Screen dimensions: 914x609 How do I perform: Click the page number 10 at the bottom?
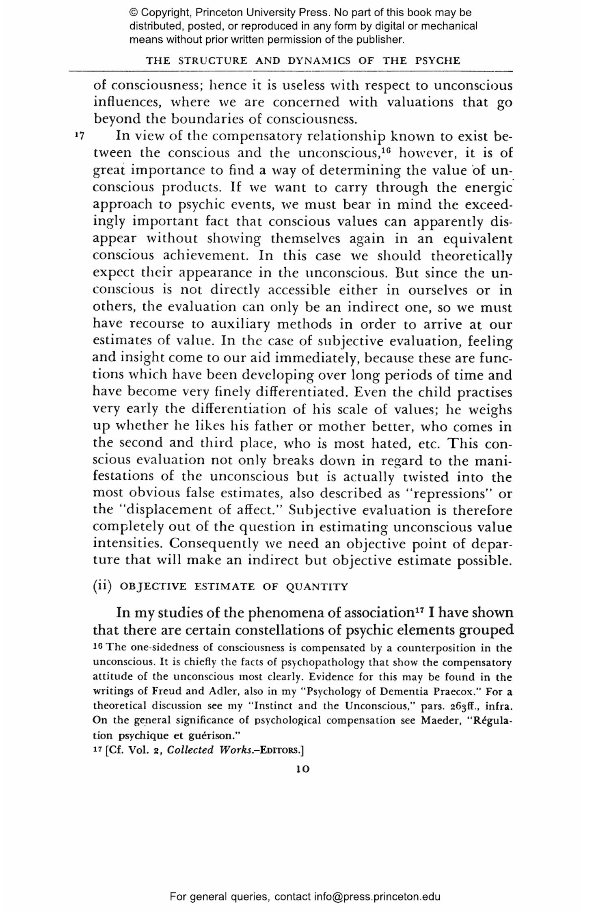[303, 769]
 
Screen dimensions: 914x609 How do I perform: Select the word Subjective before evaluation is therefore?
[322, 511]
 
